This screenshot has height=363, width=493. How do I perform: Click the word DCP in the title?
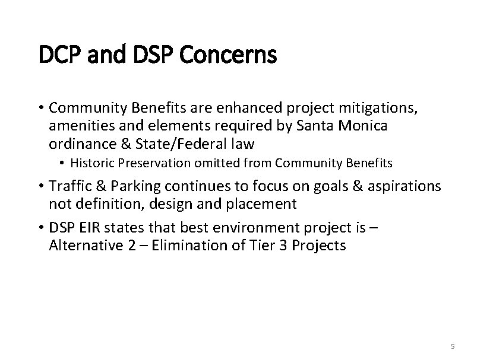pyautogui.click(x=57, y=56)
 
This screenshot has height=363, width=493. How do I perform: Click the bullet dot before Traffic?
pyautogui.click(x=43, y=186)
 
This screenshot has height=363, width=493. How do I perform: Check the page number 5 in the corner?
pyautogui.click(x=453, y=346)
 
